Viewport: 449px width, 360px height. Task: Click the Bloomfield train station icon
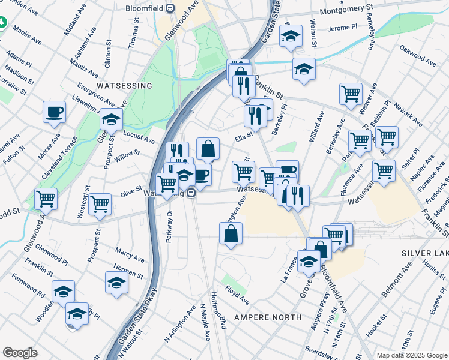[170, 8]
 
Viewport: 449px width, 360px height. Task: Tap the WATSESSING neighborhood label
[124, 86]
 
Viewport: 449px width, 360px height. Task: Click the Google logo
[20, 353]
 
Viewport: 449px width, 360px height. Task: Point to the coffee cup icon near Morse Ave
[54, 112]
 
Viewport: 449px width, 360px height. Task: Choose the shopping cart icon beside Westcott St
[100, 204]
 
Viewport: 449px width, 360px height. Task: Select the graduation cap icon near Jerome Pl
[291, 37]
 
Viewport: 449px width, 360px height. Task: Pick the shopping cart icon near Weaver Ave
[351, 94]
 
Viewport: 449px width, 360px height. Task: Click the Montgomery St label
[346, 11]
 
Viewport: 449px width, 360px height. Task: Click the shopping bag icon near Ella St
[208, 149]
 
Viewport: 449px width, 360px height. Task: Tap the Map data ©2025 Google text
[412, 355]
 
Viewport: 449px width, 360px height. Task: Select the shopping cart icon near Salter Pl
[384, 170]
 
